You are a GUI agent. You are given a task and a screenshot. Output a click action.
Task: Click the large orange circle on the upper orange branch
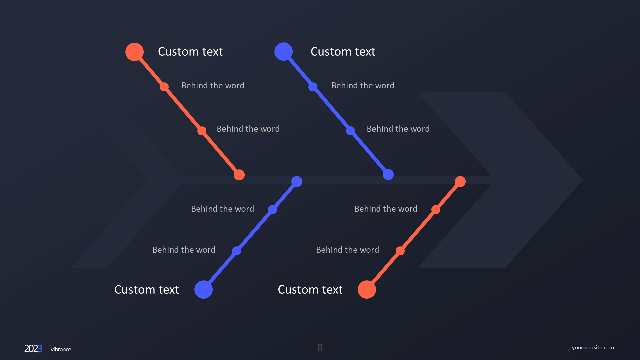coord(134,52)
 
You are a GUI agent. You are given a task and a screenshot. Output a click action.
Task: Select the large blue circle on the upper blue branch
coord(283,52)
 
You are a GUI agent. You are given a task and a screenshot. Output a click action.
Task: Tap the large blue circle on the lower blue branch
coord(203,289)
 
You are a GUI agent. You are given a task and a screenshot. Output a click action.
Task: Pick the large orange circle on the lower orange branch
coord(367,289)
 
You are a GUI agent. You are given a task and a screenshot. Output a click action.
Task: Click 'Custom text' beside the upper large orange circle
coord(190,52)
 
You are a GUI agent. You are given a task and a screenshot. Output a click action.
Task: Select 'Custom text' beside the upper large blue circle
coord(343,52)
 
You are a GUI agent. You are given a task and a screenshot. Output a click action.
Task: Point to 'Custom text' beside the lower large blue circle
coord(147,290)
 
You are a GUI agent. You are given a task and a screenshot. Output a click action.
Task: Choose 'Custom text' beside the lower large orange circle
coord(310,290)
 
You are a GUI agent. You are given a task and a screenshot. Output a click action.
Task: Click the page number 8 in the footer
coord(320,348)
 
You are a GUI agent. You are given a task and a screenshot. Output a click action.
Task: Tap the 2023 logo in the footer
coord(33,349)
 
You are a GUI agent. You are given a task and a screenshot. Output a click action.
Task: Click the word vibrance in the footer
coord(61,349)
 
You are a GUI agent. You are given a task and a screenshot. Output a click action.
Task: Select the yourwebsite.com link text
coord(593,347)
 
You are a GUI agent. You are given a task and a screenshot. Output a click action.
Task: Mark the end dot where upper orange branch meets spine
coord(239,175)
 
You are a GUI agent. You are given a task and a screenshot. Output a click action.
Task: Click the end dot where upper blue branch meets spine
coord(388,174)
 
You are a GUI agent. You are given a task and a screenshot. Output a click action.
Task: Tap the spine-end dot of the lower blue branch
coord(297,181)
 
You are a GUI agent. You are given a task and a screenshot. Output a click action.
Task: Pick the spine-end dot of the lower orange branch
coord(460,181)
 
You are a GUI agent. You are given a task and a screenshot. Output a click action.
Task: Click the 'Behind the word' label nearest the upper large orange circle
coord(213,86)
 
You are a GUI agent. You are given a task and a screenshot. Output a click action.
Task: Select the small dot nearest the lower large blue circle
coord(236,251)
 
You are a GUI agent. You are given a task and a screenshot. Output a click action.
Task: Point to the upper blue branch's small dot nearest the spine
coord(350,131)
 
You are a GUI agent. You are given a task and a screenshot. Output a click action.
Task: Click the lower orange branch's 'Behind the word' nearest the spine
coord(386,209)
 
